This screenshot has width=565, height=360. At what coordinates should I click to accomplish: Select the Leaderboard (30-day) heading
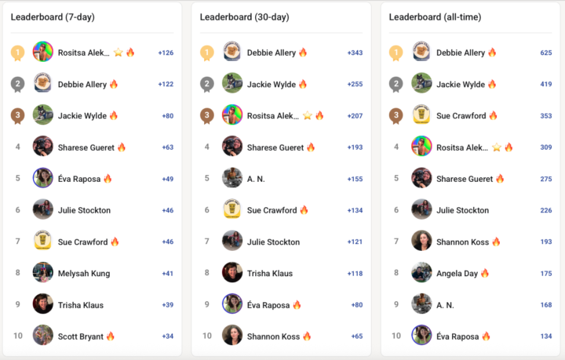pyautogui.click(x=242, y=16)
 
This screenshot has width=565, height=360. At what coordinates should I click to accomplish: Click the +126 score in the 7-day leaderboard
pyautogui.click(x=166, y=53)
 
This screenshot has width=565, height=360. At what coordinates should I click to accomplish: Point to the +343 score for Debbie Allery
pyautogui.click(x=355, y=53)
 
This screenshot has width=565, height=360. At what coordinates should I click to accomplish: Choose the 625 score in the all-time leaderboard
pyautogui.click(x=546, y=53)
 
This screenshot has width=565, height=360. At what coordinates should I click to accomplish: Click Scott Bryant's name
pyautogui.click(x=80, y=336)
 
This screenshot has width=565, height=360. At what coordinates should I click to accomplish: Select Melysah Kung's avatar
pyautogui.click(x=43, y=273)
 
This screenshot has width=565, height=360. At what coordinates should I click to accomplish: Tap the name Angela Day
pyautogui.click(x=457, y=273)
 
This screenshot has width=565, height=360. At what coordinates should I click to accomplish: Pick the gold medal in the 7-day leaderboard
pyautogui.click(x=17, y=53)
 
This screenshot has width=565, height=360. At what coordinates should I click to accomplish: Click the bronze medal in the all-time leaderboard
pyautogui.click(x=395, y=116)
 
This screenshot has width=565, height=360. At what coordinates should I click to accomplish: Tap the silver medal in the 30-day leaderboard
pyautogui.click(x=206, y=85)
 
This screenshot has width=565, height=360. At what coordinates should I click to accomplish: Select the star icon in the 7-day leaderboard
pyautogui.click(x=118, y=53)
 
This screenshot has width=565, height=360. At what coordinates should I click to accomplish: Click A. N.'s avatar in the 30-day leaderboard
pyautogui.click(x=232, y=178)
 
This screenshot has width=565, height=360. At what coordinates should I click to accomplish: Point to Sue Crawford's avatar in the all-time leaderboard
pyautogui.click(x=421, y=115)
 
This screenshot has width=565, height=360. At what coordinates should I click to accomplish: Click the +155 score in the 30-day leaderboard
pyautogui.click(x=355, y=179)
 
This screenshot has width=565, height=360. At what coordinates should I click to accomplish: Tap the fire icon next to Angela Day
pyautogui.click(x=485, y=273)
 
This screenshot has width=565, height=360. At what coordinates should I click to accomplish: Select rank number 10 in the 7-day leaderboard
pyautogui.click(x=17, y=336)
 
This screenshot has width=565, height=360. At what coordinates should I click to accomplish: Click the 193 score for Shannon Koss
pyautogui.click(x=546, y=242)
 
